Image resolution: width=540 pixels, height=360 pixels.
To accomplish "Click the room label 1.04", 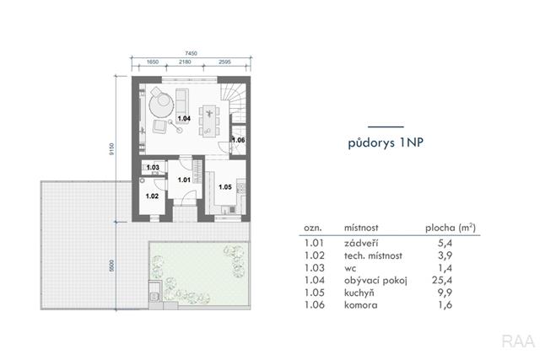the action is [184, 118].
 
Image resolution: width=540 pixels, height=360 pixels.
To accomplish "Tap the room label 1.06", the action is [238, 140].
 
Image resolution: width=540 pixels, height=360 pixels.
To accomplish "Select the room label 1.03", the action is [153, 168].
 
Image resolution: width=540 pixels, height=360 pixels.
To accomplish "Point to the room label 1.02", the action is [152, 196].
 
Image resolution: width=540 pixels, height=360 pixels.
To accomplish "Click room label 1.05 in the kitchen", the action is [225, 187].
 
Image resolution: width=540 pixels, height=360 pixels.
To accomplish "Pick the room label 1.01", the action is [184, 180].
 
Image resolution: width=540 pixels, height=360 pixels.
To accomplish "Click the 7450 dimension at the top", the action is [192, 53].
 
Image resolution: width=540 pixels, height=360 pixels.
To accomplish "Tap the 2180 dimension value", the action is [185, 62].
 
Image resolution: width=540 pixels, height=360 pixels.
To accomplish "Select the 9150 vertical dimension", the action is [111, 149].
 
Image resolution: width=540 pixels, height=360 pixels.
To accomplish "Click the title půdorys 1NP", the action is [386, 142].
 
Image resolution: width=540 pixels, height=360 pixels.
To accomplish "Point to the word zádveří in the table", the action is [361, 244].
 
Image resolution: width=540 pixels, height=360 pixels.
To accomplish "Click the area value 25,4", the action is [442, 281].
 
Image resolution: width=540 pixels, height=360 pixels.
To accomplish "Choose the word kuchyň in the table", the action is [359, 293].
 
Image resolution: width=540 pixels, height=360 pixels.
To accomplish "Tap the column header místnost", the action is [361, 228].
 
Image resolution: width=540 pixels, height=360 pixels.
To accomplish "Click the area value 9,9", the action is [445, 293].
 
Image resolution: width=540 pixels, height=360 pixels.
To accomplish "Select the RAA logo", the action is [518, 341].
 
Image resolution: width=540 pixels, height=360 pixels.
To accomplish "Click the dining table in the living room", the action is [209, 121].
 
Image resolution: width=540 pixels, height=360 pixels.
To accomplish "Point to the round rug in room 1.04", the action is [161, 105].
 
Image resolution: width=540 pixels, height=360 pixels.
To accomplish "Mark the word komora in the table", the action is [361, 305].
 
